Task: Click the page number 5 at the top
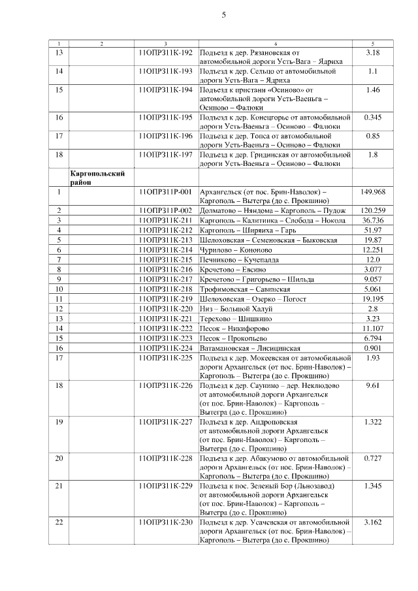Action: [x=223, y=16]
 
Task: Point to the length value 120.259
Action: [x=373, y=210]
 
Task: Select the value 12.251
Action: [x=373, y=249]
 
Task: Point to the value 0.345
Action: [x=373, y=117]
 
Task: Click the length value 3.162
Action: [x=373, y=522]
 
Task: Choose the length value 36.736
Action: [x=373, y=220]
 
